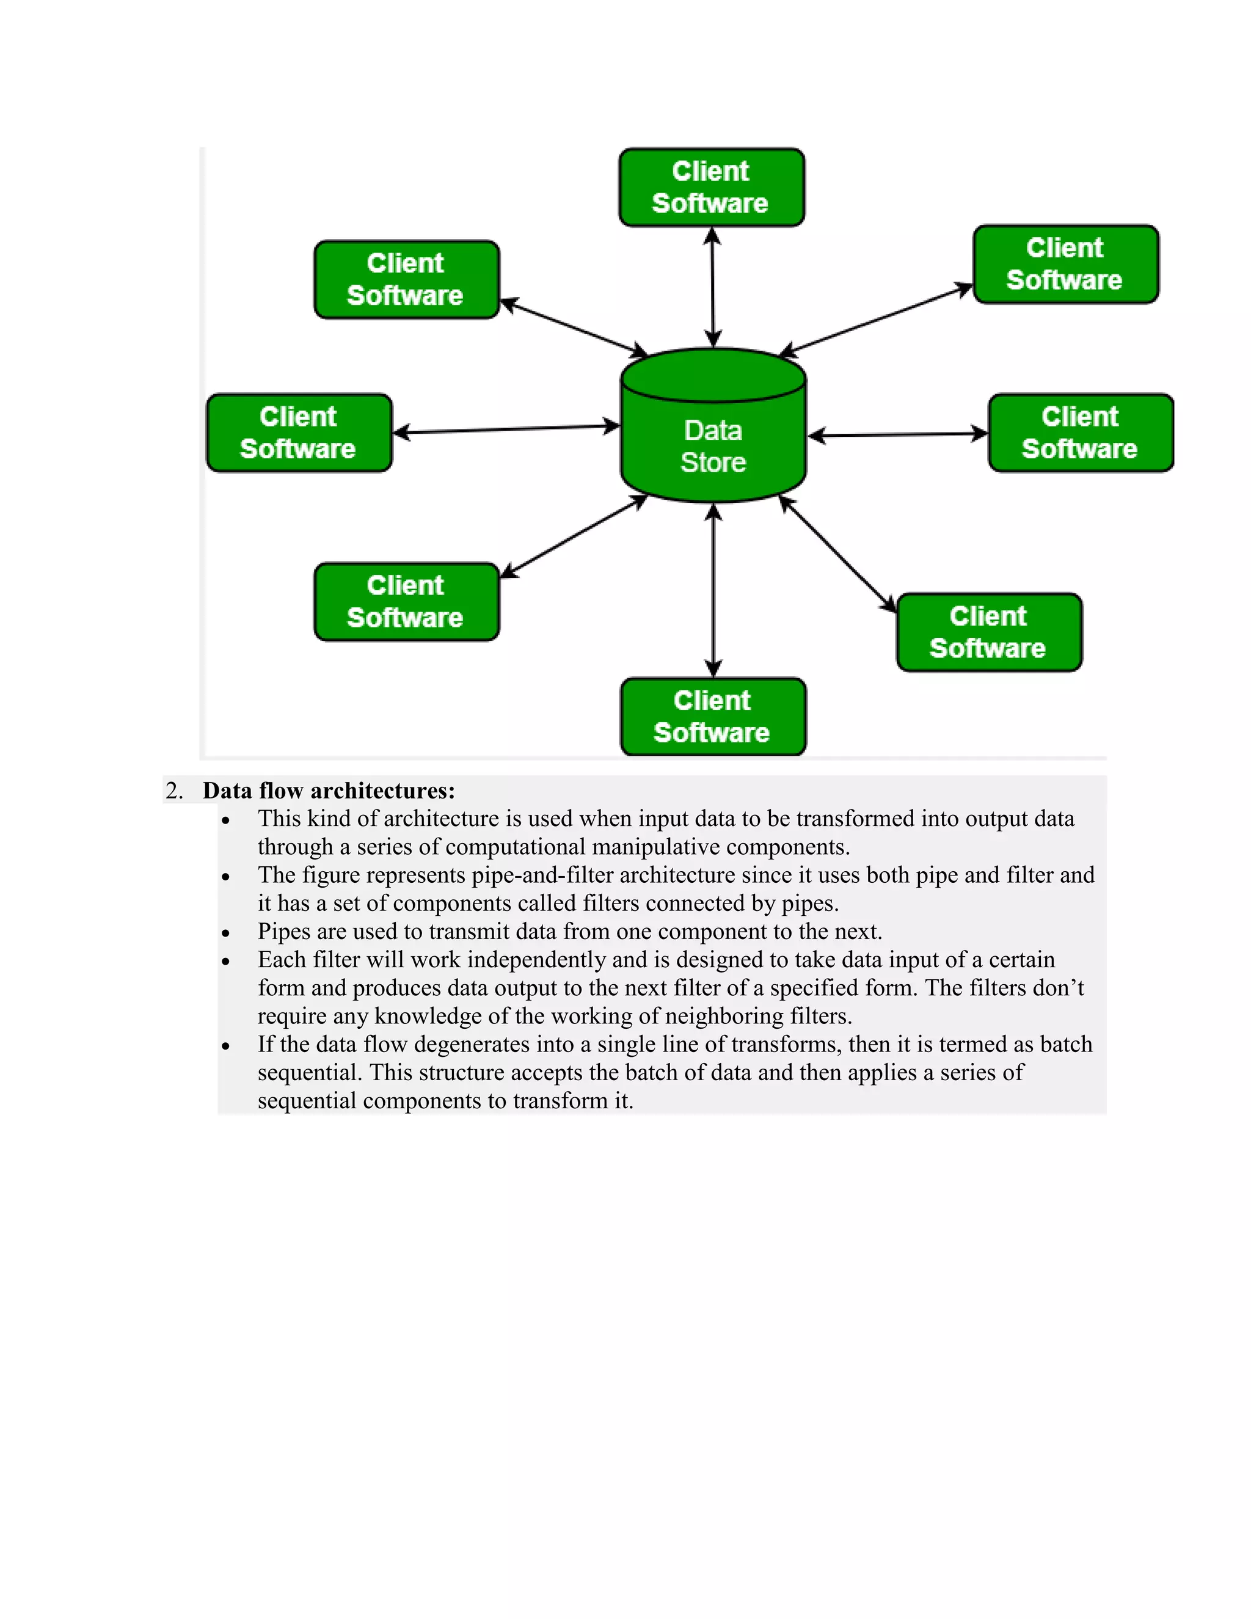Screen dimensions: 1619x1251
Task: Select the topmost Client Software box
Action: coord(712,187)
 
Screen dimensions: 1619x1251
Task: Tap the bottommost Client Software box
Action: coord(713,716)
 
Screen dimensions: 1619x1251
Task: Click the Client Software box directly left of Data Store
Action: coord(299,433)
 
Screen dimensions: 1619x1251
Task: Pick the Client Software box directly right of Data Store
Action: coord(1081,433)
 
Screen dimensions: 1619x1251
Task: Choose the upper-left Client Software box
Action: coord(406,279)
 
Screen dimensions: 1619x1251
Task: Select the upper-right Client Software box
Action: coord(1066,264)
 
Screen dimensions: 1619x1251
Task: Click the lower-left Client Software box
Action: coord(406,601)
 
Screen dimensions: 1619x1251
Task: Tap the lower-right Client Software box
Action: coord(989,632)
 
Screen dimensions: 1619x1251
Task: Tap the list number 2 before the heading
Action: coord(173,790)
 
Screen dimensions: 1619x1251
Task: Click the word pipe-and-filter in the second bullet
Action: coord(542,875)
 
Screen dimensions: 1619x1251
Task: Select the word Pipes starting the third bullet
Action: coord(285,931)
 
